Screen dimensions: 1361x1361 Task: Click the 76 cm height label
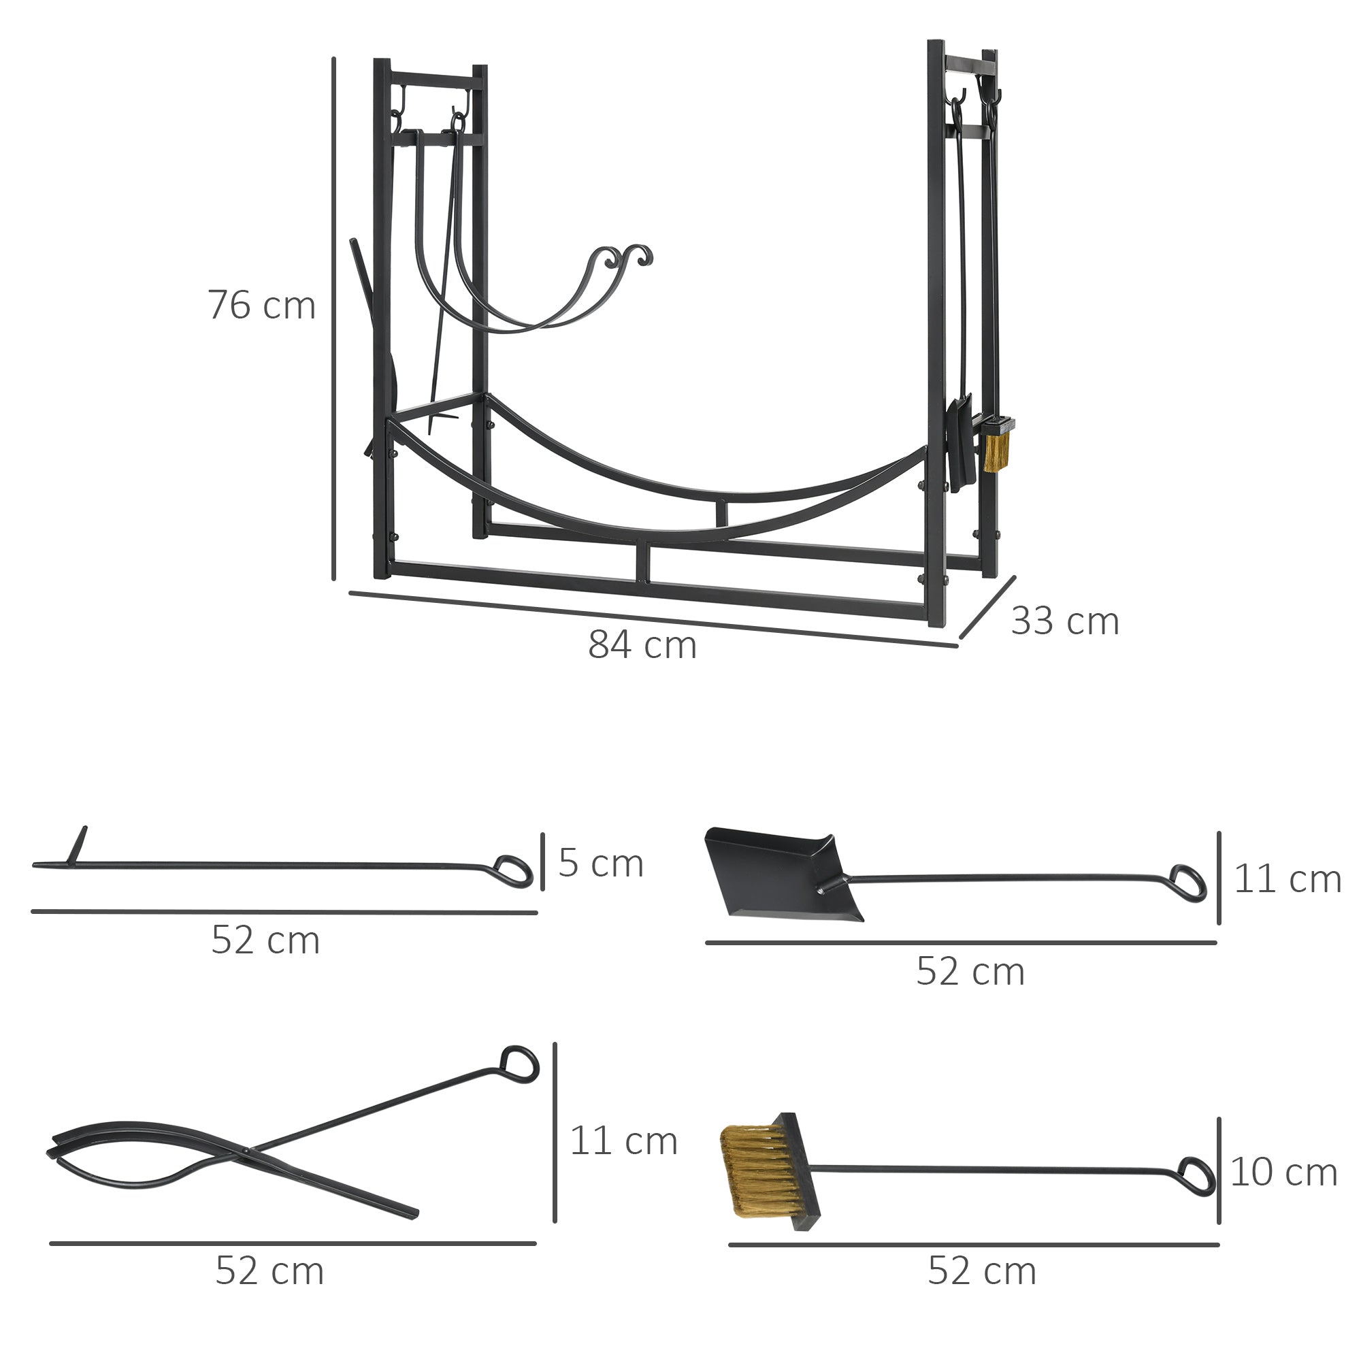(261, 306)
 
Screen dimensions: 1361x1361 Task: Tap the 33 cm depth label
(1064, 621)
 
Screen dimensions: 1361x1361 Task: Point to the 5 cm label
(601, 864)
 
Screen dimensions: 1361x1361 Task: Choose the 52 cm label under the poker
(265, 940)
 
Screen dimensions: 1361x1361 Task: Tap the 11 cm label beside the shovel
(1287, 879)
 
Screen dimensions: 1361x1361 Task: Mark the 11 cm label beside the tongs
(623, 1141)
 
